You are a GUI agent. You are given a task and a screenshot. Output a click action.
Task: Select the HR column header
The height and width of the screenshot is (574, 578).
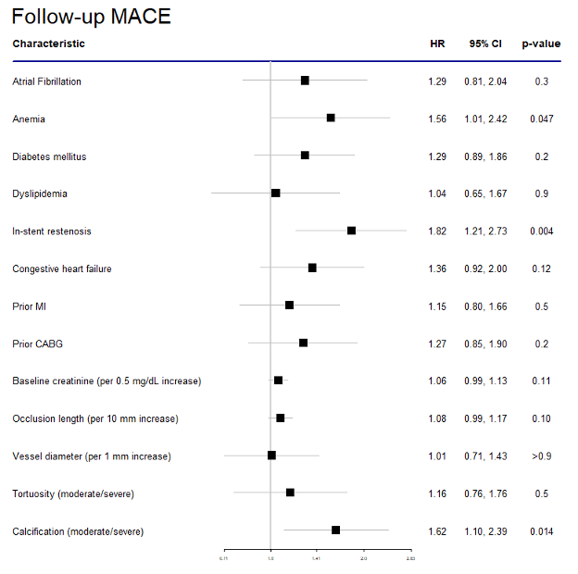pos(437,44)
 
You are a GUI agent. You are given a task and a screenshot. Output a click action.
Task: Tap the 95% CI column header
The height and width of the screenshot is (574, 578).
pos(485,44)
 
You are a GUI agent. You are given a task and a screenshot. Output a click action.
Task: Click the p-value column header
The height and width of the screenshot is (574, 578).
pos(541,44)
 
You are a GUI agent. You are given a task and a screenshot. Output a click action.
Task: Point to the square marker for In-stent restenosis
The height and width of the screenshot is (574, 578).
pos(351,231)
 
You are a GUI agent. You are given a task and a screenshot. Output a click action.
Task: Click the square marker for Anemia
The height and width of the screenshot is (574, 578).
pos(331,118)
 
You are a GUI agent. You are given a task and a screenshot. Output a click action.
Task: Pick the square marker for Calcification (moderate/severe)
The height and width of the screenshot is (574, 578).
pos(335,530)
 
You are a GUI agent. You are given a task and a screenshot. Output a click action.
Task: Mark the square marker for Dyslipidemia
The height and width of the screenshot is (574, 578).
pos(275,193)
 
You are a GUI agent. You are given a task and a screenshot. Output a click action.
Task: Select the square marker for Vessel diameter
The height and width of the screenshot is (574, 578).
pos(271,455)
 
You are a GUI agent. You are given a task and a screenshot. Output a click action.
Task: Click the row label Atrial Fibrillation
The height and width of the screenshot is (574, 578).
pos(46,81)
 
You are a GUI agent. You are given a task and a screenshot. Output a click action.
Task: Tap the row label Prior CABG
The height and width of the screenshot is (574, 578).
pos(38,344)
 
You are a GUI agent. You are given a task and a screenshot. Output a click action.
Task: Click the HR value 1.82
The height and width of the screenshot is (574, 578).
pos(437,231)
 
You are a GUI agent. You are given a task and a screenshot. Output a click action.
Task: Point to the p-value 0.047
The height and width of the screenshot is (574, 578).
pos(542,119)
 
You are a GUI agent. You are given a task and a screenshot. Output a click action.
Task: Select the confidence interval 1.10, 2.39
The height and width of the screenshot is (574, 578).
pos(485,531)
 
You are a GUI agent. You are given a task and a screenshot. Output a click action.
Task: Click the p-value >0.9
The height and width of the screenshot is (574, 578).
pos(542,456)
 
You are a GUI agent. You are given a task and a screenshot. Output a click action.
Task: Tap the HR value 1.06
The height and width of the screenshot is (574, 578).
pos(437,381)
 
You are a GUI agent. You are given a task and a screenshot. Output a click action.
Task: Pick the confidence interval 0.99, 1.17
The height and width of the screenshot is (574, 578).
pos(485,418)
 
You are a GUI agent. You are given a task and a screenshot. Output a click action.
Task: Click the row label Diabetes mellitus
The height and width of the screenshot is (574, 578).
pos(49,156)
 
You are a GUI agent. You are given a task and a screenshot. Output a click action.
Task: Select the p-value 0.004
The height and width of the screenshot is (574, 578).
pos(542,231)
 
